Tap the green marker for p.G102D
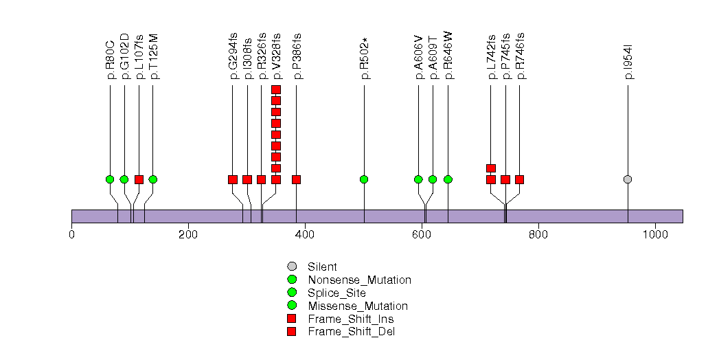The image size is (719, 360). tap(124, 179)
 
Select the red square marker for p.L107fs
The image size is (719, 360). tap(139, 179)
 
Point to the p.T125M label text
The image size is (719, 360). tap(154, 56)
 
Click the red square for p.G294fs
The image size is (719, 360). tap(233, 179)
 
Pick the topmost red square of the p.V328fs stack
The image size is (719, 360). tap(276, 90)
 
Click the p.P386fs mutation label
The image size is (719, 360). tap(297, 56)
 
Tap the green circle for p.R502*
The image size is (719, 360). tap(364, 179)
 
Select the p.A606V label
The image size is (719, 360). tap(419, 56)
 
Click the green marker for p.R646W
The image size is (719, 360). tap(448, 179)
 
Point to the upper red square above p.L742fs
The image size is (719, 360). tap(491, 168)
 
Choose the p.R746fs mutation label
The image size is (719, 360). tap(520, 56)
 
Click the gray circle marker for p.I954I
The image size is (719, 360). tap(628, 179)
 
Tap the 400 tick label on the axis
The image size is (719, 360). tap(304, 235)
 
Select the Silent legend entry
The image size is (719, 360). tap(322, 267)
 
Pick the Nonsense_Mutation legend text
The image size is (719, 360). tap(359, 280)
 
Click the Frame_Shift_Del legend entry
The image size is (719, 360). tap(351, 332)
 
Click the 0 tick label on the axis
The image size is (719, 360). tap(71, 235)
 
